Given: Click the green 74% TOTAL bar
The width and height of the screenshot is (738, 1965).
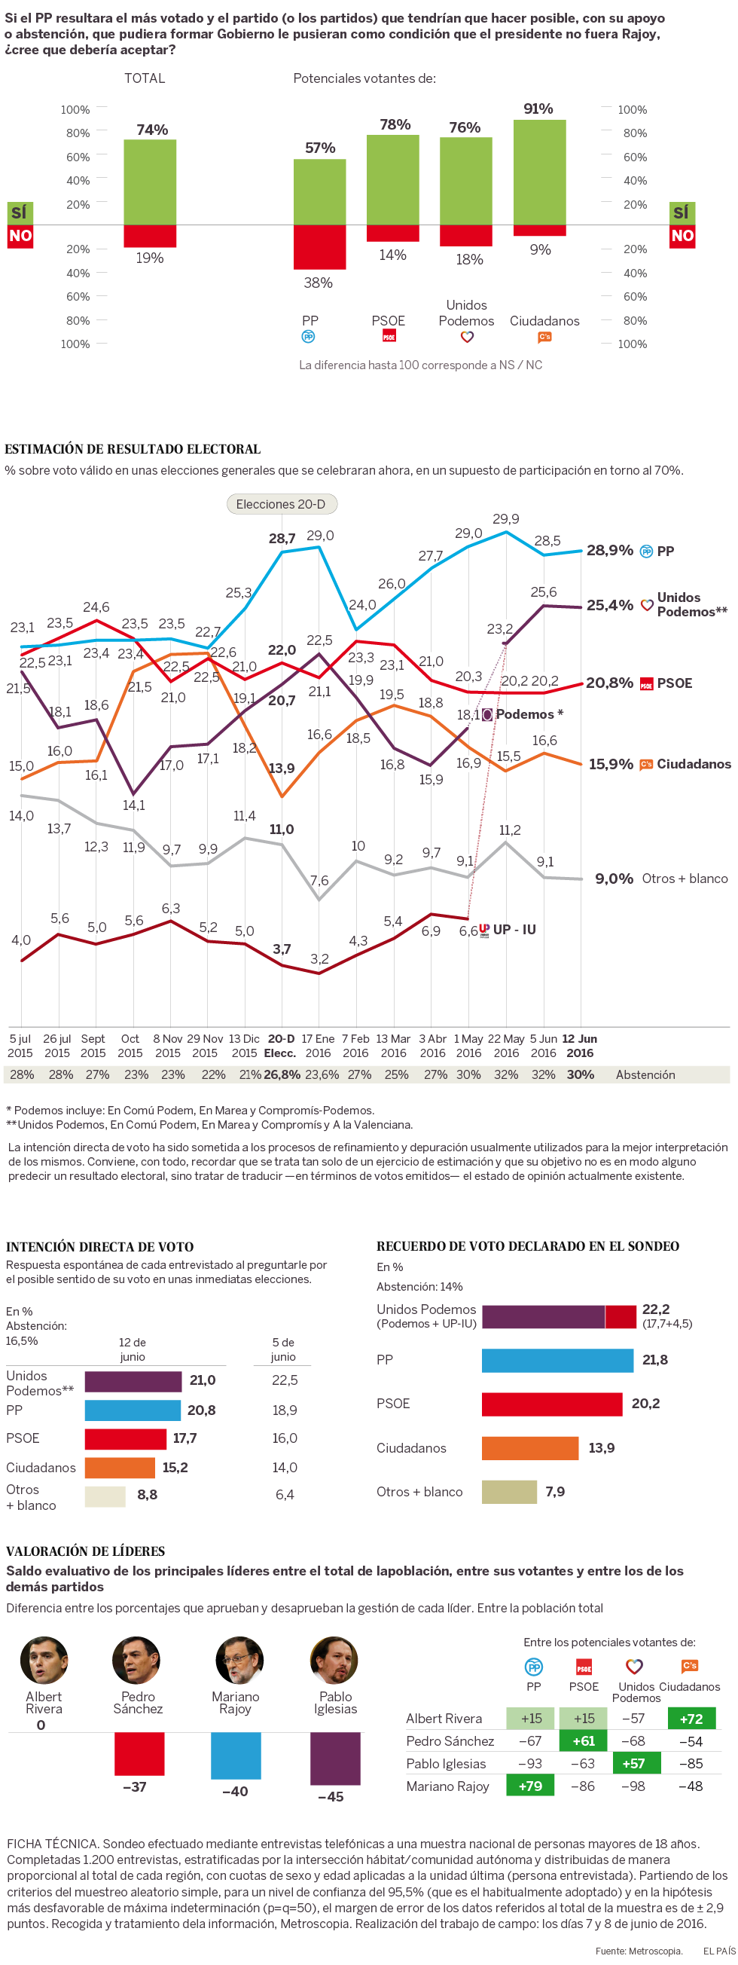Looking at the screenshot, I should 150,182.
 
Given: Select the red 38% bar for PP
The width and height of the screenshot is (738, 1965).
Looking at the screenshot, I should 319,246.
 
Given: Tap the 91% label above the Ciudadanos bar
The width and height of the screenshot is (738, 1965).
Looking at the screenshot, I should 538,109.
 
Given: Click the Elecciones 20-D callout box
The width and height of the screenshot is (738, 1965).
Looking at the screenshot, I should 282,504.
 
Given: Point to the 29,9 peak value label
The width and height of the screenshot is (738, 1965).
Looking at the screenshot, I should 506,519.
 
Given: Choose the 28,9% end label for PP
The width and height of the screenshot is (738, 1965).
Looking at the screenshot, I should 610,550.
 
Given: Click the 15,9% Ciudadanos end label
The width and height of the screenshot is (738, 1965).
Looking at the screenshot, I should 611,763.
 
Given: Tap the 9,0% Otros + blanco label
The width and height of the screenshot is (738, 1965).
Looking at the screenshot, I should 614,879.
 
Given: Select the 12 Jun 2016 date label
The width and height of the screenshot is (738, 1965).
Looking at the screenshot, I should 579,1046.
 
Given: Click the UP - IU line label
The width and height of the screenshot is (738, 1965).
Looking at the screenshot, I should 514,929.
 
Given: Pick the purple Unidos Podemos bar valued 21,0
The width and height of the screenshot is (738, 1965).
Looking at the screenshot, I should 133,1380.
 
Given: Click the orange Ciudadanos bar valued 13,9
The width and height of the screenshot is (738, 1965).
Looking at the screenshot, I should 530,1448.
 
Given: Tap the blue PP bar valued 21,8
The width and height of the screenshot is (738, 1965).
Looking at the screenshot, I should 557,1360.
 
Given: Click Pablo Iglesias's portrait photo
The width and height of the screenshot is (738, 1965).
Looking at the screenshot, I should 334,1660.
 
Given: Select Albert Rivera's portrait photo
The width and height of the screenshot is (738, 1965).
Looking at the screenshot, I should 44,1660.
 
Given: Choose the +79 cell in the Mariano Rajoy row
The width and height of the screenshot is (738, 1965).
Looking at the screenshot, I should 531,1786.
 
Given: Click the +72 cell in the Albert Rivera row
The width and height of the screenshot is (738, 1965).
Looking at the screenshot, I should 691,1719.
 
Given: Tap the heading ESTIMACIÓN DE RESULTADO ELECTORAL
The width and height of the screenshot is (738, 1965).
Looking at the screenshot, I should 133,449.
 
